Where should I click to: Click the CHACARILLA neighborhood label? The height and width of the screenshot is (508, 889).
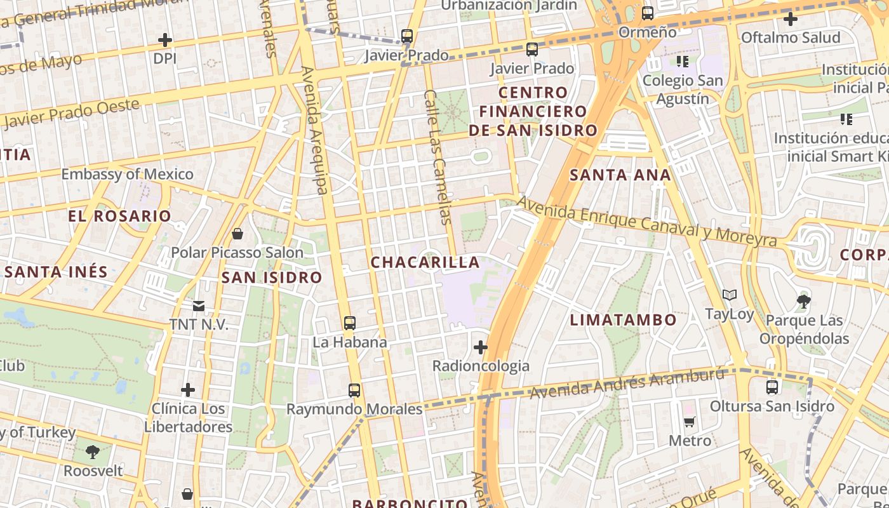(425, 262)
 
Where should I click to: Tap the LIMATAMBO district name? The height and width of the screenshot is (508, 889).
(623, 319)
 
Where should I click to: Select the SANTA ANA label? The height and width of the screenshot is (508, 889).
(620, 175)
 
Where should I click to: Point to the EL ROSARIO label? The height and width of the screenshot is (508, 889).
(120, 216)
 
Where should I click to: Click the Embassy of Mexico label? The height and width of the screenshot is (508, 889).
(127, 174)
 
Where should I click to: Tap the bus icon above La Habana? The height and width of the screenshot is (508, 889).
(349, 323)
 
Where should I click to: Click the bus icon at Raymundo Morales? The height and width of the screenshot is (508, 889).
(354, 390)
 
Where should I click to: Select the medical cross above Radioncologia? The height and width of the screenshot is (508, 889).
(481, 347)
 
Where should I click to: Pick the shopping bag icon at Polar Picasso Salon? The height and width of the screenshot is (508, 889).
(237, 234)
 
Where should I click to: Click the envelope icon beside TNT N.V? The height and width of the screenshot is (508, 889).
(199, 306)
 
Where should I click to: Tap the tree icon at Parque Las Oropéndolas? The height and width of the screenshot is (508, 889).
(803, 300)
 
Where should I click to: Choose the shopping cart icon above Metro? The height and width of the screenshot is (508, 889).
(690, 422)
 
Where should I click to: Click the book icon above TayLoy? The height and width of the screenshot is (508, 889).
(730, 295)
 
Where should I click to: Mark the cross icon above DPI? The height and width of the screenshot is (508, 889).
(165, 40)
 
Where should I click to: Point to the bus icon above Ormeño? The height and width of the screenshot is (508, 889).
(648, 13)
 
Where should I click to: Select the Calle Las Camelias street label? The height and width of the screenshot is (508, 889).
(438, 156)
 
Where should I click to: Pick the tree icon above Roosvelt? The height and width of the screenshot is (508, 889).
(93, 452)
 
